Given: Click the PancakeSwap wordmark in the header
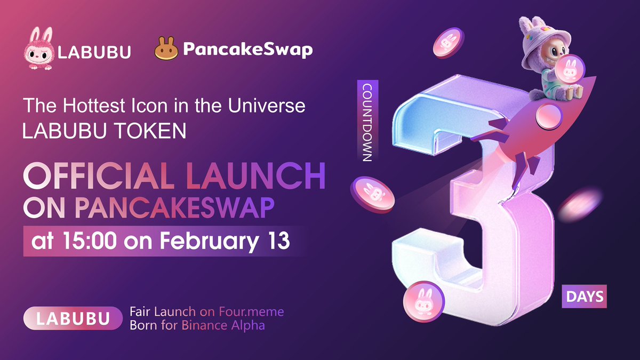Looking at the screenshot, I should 248,50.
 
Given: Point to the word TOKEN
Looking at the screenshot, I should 152,131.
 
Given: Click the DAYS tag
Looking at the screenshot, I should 584,296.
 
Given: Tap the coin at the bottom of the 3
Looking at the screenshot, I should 421,301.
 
